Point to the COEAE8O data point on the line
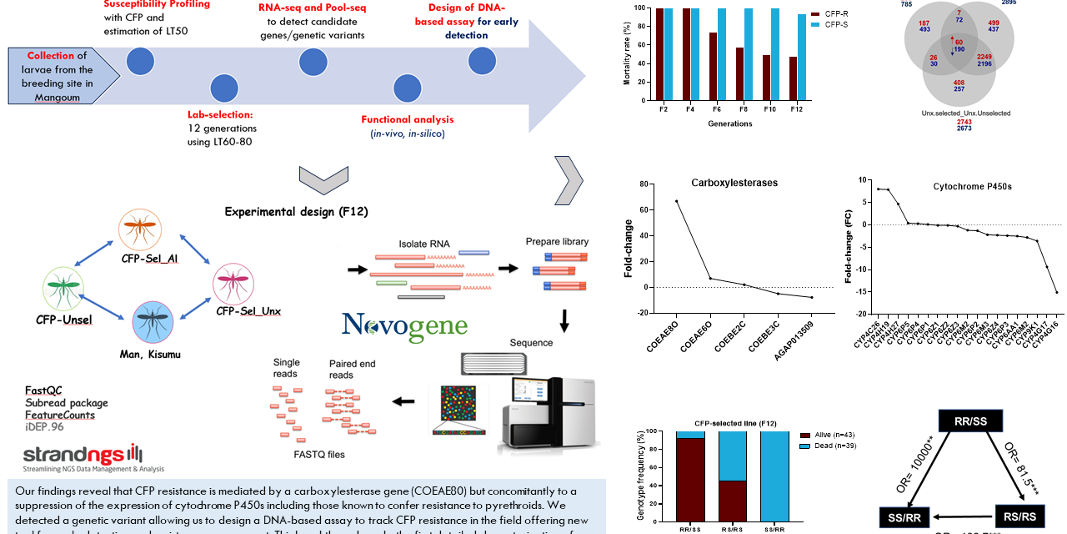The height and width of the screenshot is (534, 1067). [676, 201]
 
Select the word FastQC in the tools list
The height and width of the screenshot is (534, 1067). [43, 390]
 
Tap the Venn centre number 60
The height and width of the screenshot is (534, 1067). [959, 43]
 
